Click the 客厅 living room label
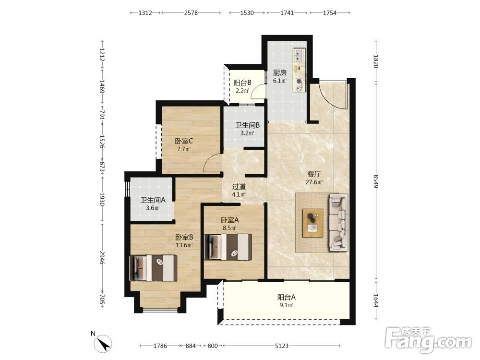[x=314, y=174]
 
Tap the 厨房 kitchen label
[x=280, y=73]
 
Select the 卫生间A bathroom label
[x=153, y=200]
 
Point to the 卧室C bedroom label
[x=184, y=141]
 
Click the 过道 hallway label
[x=239, y=186]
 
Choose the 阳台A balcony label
[x=287, y=297]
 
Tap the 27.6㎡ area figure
[x=314, y=182]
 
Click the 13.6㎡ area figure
[x=184, y=245]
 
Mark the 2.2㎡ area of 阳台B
[x=242, y=91]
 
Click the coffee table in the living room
[x=313, y=223]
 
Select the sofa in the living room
[x=338, y=223]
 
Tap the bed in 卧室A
[x=228, y=247]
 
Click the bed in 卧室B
[x=154, y=268]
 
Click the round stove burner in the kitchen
[x=299, y=82]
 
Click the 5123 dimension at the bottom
[x=282, y=346]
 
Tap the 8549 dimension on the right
[x=376, y=181]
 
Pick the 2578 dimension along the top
[x=191, y=13]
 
